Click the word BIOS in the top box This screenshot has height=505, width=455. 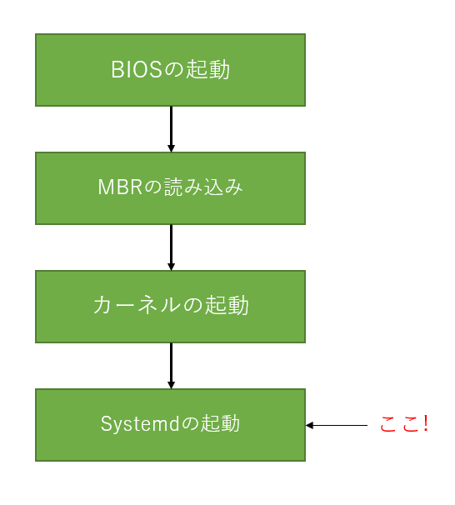137,69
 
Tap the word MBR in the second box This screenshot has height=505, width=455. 120,187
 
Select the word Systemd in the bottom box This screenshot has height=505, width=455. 140,424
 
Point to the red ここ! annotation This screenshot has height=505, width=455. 404,424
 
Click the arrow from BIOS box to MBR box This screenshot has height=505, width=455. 172,129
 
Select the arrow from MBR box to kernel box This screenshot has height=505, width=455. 172,247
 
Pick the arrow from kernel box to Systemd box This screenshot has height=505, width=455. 172,366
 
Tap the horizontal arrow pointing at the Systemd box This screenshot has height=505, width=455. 337,425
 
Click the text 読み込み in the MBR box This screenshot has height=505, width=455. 203,187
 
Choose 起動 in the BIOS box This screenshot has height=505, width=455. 208,69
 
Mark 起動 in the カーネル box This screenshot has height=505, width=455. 227,305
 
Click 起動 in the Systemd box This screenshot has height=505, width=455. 221,423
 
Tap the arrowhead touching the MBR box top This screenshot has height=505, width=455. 172,148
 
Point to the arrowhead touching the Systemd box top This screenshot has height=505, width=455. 172,385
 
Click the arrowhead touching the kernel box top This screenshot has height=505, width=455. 172,267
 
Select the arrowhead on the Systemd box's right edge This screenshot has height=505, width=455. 309,425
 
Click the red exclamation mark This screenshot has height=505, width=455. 427,423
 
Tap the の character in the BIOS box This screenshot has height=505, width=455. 174,69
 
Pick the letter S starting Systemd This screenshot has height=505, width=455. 106,423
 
